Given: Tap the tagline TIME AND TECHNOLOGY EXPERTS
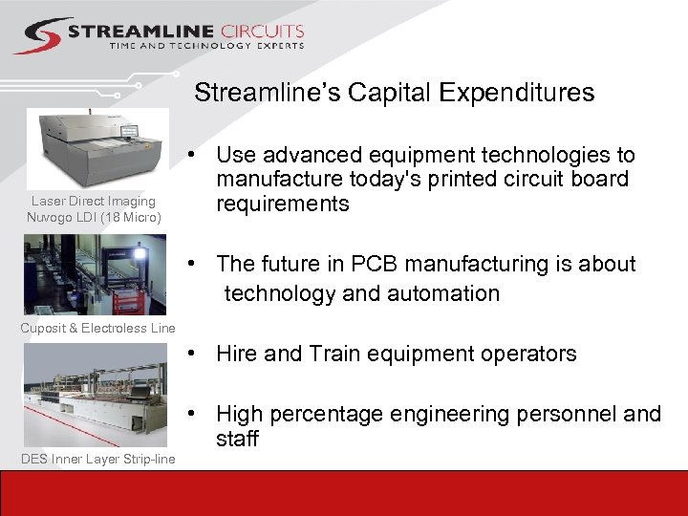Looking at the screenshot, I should [x=206, y=45].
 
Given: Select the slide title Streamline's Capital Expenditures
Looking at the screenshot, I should [x=394, y=93].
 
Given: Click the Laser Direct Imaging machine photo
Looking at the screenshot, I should [x=98, y=148].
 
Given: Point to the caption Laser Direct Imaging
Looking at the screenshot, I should [x=94, y=202].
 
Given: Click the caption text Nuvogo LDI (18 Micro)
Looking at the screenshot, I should [x=94, y=217].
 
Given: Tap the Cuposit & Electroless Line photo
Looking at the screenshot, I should [x=95, y=274].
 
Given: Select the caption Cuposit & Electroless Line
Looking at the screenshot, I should [x=97, y=329].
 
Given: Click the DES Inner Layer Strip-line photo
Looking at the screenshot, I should [x=95, y=394].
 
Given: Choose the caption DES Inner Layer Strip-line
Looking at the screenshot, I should [x=97, y=461].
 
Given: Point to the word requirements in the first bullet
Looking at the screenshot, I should [x=283, y=204].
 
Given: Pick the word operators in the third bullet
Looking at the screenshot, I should [x=530, y=354].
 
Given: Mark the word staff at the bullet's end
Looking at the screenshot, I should [x=237, y=439].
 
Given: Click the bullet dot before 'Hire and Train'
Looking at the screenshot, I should [x=193, y=354].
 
